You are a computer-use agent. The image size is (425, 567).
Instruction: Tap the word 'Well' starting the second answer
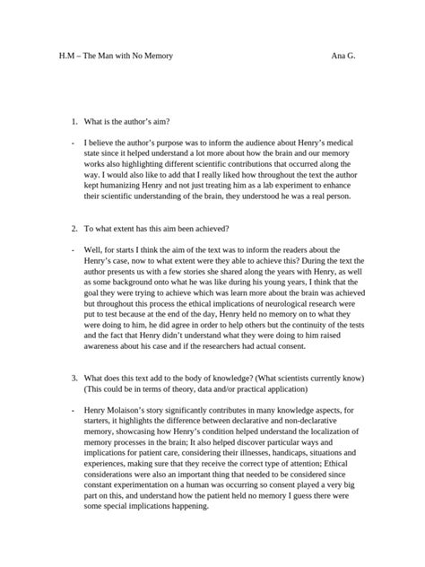pyautogui.click(x=93, y=249)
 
